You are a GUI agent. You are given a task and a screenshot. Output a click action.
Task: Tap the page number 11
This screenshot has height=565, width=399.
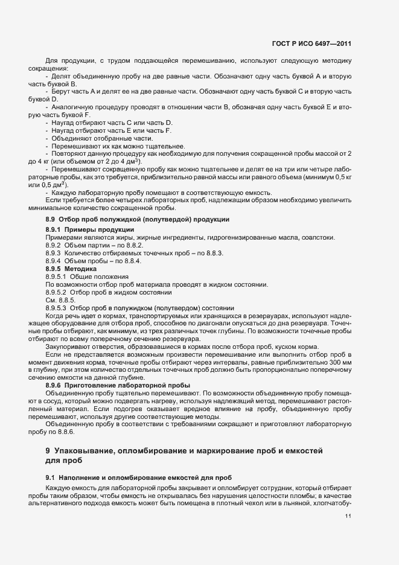pos(348,516)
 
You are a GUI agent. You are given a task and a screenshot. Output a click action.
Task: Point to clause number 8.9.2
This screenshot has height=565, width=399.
pos(55,246)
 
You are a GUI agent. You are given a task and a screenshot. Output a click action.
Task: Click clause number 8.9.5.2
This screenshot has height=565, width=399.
pos(57,292)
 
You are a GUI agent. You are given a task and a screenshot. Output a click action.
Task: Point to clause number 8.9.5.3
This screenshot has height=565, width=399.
pos(57,308)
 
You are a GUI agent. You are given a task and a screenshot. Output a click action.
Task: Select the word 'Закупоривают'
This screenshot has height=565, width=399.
pos(68,348)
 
